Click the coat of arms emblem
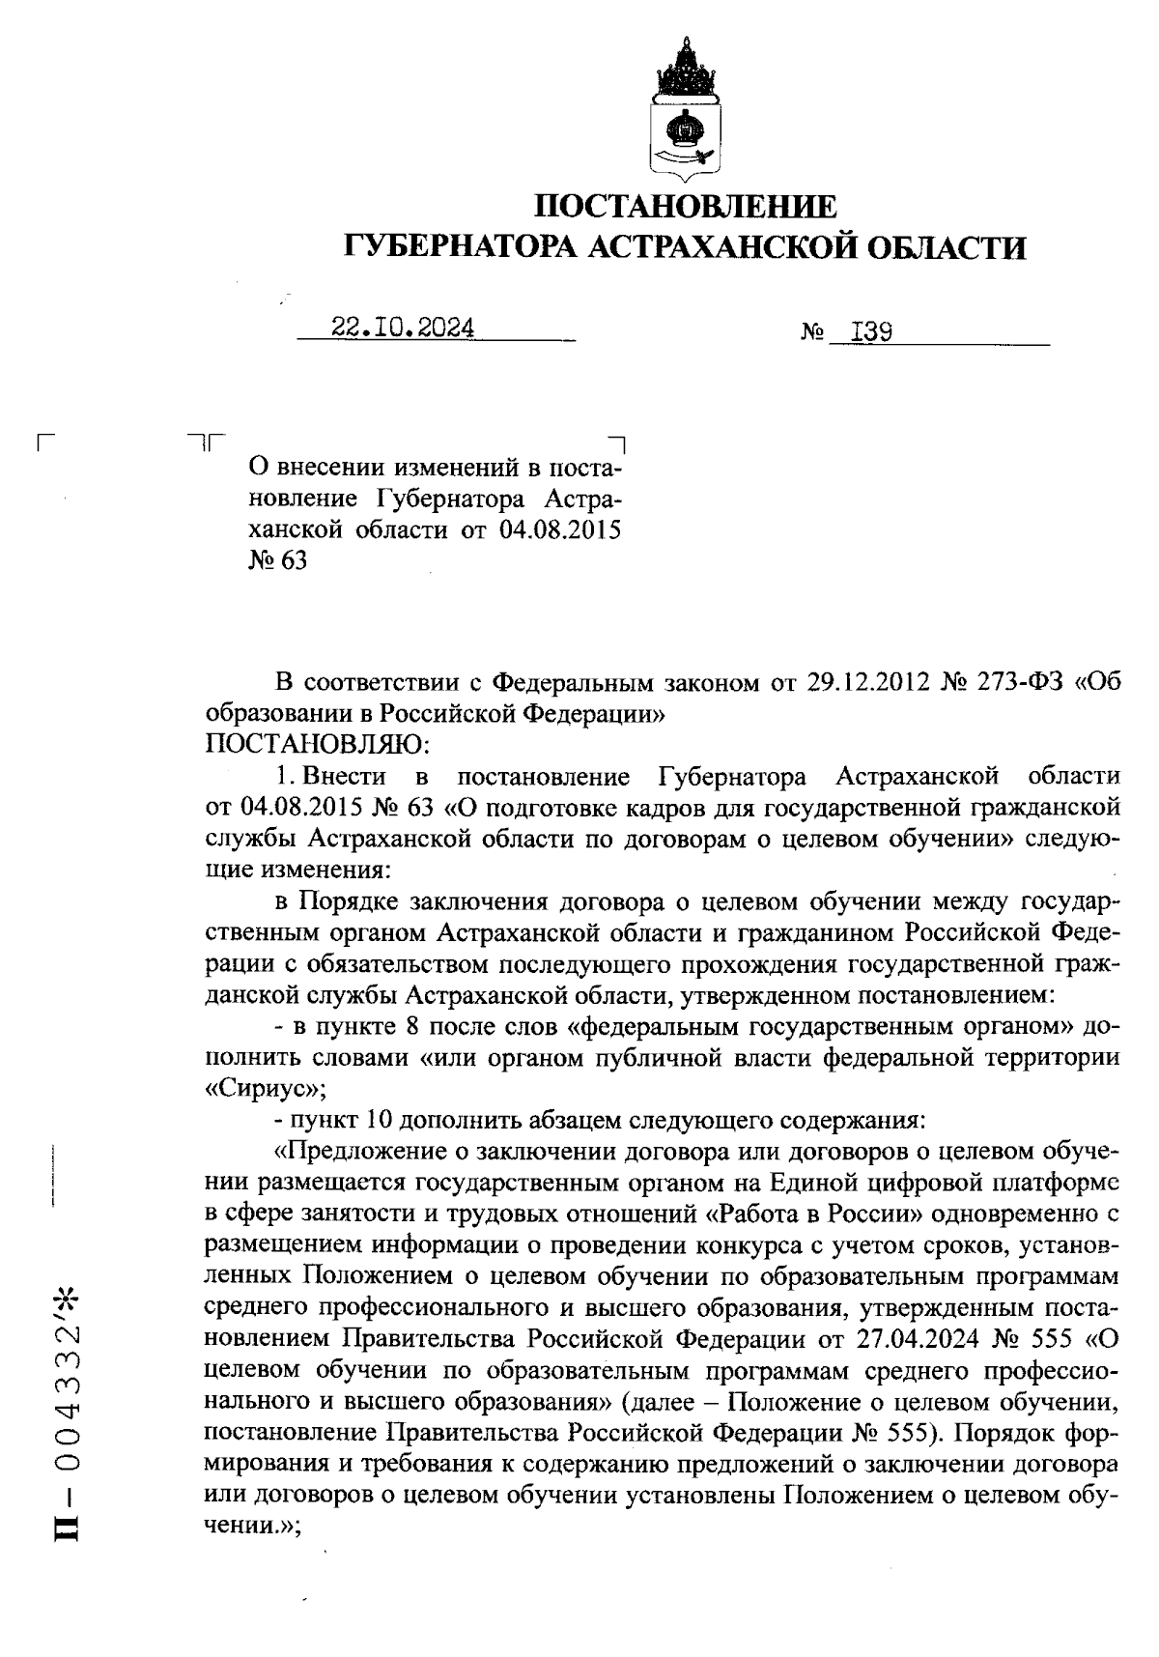[686, 111]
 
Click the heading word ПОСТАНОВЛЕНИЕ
[686, 206]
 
